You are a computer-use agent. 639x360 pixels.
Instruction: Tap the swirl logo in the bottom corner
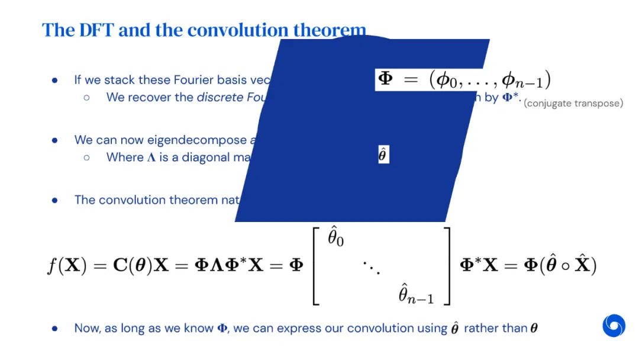point(614,325)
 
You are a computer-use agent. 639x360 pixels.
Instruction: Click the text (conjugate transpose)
point(573,104)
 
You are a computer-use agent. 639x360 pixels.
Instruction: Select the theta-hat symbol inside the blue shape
point(383,155)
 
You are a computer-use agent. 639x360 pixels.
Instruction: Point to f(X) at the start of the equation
point(67,265)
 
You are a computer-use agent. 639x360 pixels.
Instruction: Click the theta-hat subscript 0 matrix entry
point(335,239)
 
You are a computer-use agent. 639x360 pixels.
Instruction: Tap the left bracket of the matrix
point(315,265)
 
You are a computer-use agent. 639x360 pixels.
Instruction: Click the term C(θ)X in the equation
point(134,265)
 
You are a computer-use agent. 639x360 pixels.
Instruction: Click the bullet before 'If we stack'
point(54,80)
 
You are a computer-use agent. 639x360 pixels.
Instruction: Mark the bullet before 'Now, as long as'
point(54,328)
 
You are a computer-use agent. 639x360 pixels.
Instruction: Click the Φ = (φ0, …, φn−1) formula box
point(463,79)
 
